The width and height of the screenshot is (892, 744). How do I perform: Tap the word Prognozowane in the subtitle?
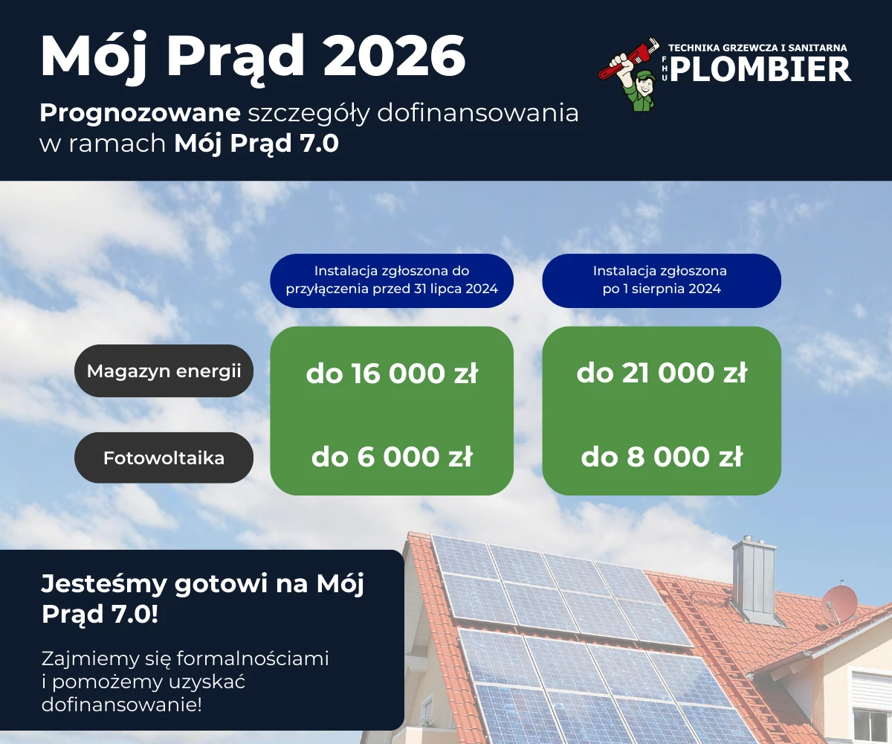coord(140,113)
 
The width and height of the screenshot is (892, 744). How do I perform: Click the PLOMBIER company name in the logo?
coord(766,70)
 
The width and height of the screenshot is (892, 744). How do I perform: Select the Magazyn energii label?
coord(164,371)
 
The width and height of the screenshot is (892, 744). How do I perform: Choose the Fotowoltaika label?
coord(164,458)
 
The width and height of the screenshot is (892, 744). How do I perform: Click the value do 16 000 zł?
coord(392,373)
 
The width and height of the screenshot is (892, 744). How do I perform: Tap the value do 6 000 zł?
coord(392,458)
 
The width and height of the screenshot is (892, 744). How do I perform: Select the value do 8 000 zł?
coord(662,458)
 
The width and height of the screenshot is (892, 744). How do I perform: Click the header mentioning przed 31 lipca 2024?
coord(392,280)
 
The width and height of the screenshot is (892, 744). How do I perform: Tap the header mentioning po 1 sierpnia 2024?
coord(662,280)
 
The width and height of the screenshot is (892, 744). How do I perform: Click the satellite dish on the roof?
coord(839,603)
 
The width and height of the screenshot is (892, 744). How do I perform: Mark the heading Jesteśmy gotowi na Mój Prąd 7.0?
coord(202,600)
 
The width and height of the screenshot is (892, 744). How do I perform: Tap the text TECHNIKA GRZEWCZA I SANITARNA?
coord(757,48)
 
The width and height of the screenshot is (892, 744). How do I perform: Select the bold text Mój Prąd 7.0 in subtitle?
coord(256,144)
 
